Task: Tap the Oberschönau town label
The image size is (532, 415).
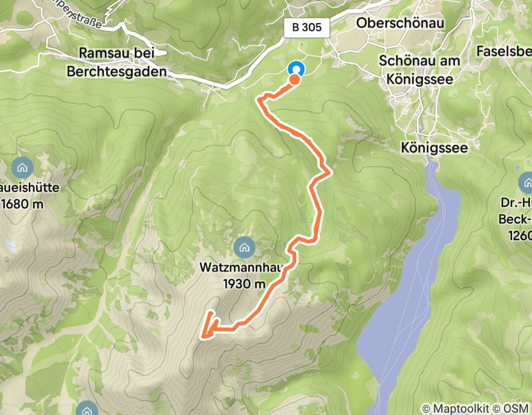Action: point(400,22)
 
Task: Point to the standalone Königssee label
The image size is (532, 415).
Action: point(438,146)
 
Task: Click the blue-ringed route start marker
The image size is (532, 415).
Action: point(295,69)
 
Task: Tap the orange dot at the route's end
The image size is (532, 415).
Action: point(294,78)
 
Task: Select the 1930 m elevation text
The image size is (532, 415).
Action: point(244,284)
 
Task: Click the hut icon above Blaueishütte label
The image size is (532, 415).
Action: point(22,167)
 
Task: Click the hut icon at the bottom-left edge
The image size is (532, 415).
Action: point(85,410)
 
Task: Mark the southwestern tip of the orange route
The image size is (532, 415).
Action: point(203,338)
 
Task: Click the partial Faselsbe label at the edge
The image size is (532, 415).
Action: point(503,52)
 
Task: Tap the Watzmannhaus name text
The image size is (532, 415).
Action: point(243,269)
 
